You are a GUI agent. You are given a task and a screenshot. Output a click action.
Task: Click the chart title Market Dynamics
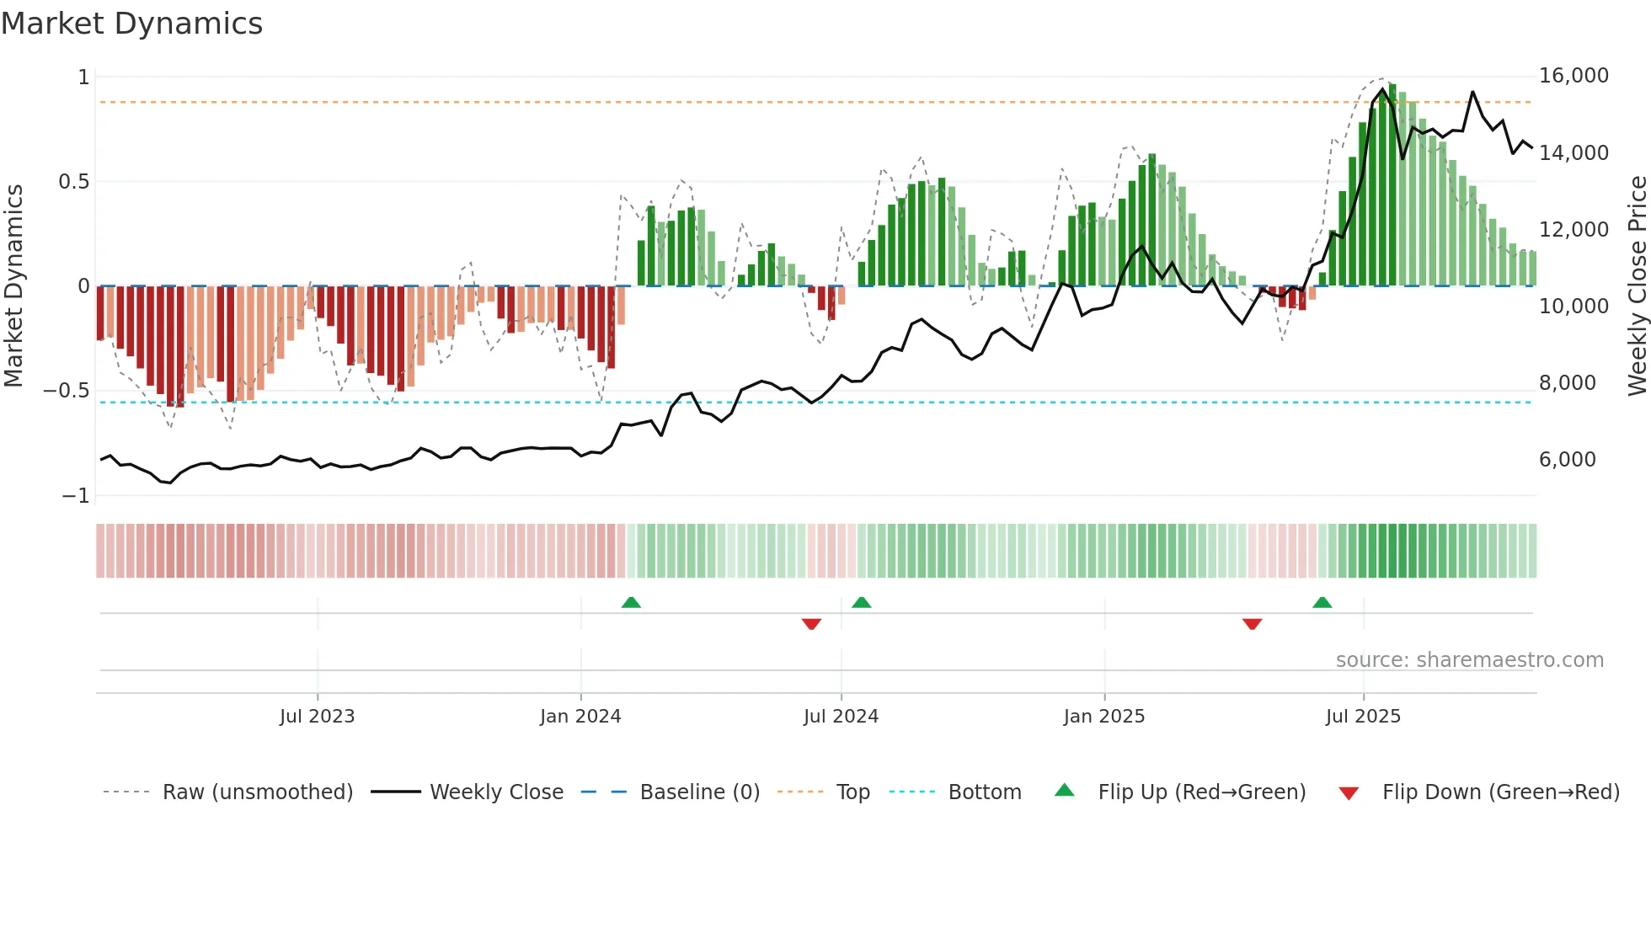pyautogui.click(x=131, y=24)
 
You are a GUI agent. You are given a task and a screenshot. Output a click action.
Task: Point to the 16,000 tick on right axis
pyautogui.click(x=1573, y=76)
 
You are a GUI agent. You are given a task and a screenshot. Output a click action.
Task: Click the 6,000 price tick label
pyautogui.click(x=1567, y=460)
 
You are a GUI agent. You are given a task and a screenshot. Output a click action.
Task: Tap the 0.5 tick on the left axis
pyautogui.click(x=73, y=182)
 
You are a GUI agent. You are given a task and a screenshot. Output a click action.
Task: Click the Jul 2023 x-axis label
pyautogui.click(x=317, y=717)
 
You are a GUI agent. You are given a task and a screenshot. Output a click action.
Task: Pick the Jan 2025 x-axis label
pyautogui.click(x=1103, y=717)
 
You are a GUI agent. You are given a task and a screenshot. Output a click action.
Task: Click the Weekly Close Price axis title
pyautogui.click(x=1637, y=286)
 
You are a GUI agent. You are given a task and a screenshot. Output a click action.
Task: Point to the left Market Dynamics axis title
pyautogui.click(x=13, y=286)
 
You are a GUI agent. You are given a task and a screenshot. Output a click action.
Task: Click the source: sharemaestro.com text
pyautogui.click(x=1469, y=660)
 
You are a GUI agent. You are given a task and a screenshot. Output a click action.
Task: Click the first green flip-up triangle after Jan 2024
pyautogui.click(x=631, y=602)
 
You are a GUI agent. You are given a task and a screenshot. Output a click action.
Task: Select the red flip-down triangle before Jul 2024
pyautogui.click(x=811, y=624)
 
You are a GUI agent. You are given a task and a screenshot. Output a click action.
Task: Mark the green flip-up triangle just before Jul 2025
pyautogui.click(x=1322, y=602)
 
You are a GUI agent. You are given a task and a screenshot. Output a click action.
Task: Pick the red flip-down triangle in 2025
pyautogui.click(x=1252, y=624)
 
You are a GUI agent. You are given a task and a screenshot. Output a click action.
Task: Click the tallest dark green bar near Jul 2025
pyautogui.click(x=1392, y=185)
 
